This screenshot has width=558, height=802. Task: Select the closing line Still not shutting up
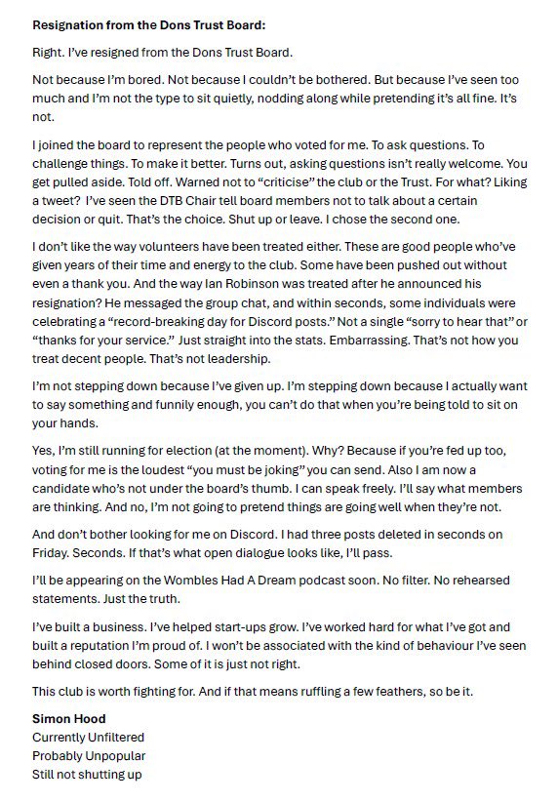88,775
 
